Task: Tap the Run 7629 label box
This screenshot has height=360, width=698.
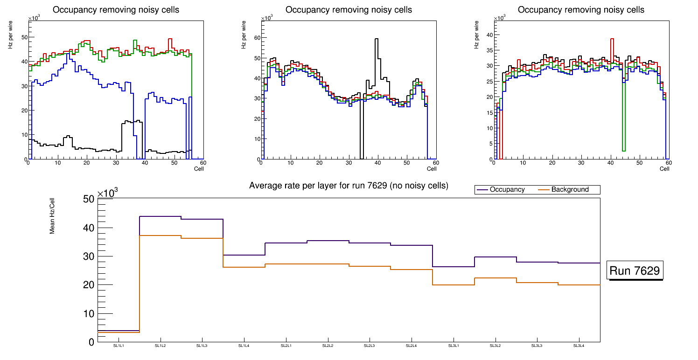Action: pos(635,271)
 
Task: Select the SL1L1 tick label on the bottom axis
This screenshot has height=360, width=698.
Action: pos(119,346)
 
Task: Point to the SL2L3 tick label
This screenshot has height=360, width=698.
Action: pos(370,346)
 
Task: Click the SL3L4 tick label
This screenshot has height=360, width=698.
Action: pos(579,346)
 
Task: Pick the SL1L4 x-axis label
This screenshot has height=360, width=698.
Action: pos(244,346)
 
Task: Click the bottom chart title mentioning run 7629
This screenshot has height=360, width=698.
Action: pos(349,186)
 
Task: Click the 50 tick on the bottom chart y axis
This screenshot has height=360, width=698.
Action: pos(89,200)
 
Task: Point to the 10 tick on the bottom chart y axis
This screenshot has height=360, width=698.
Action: pos(89,313)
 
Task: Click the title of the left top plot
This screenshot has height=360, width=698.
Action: pos(116,10)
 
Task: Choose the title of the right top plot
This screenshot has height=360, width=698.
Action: pos(581,10)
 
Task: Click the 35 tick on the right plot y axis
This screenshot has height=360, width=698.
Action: pos(489,50)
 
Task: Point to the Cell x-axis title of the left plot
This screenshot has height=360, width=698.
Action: pos(199,169)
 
